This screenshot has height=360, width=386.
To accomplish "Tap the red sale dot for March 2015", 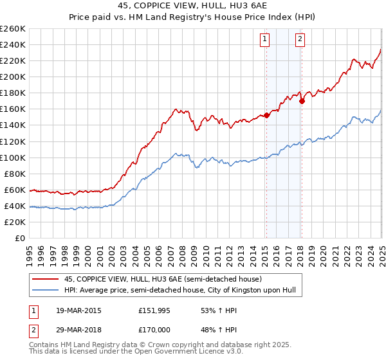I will (x=266, y=116).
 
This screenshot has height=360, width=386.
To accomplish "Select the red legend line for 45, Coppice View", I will (x=46, y=279).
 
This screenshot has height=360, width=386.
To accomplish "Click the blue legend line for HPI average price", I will (x=46, y=291).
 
